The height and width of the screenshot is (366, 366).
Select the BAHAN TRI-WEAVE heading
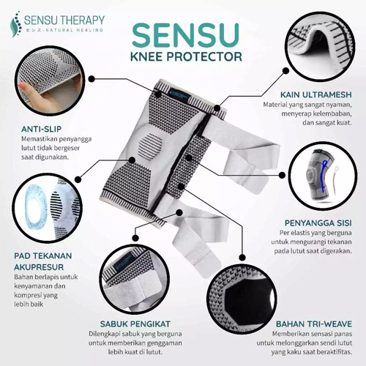(x=312, y=323)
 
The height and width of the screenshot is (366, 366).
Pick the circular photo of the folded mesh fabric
(x=321, y=40)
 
